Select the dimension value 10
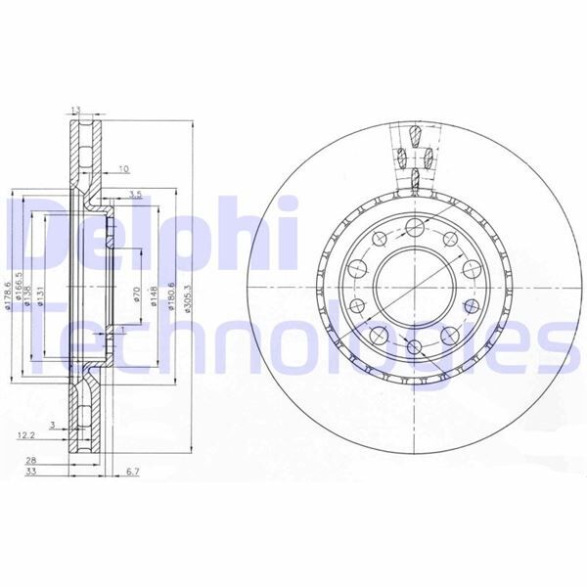coord(123,167)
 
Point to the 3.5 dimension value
coord(135,196)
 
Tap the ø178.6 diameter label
coord(8,292)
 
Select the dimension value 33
coord(31,472)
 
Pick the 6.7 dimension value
coord(134,472)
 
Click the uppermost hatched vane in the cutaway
coord(415,134)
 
